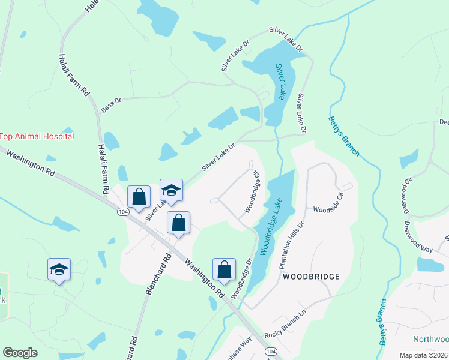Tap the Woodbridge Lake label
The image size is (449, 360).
271,227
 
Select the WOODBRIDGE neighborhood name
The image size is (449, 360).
311,277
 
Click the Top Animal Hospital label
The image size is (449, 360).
37,136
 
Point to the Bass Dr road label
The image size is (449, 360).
111,105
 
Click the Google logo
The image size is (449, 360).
20,353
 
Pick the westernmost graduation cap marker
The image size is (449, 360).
59,269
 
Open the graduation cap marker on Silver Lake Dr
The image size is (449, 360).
171,190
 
